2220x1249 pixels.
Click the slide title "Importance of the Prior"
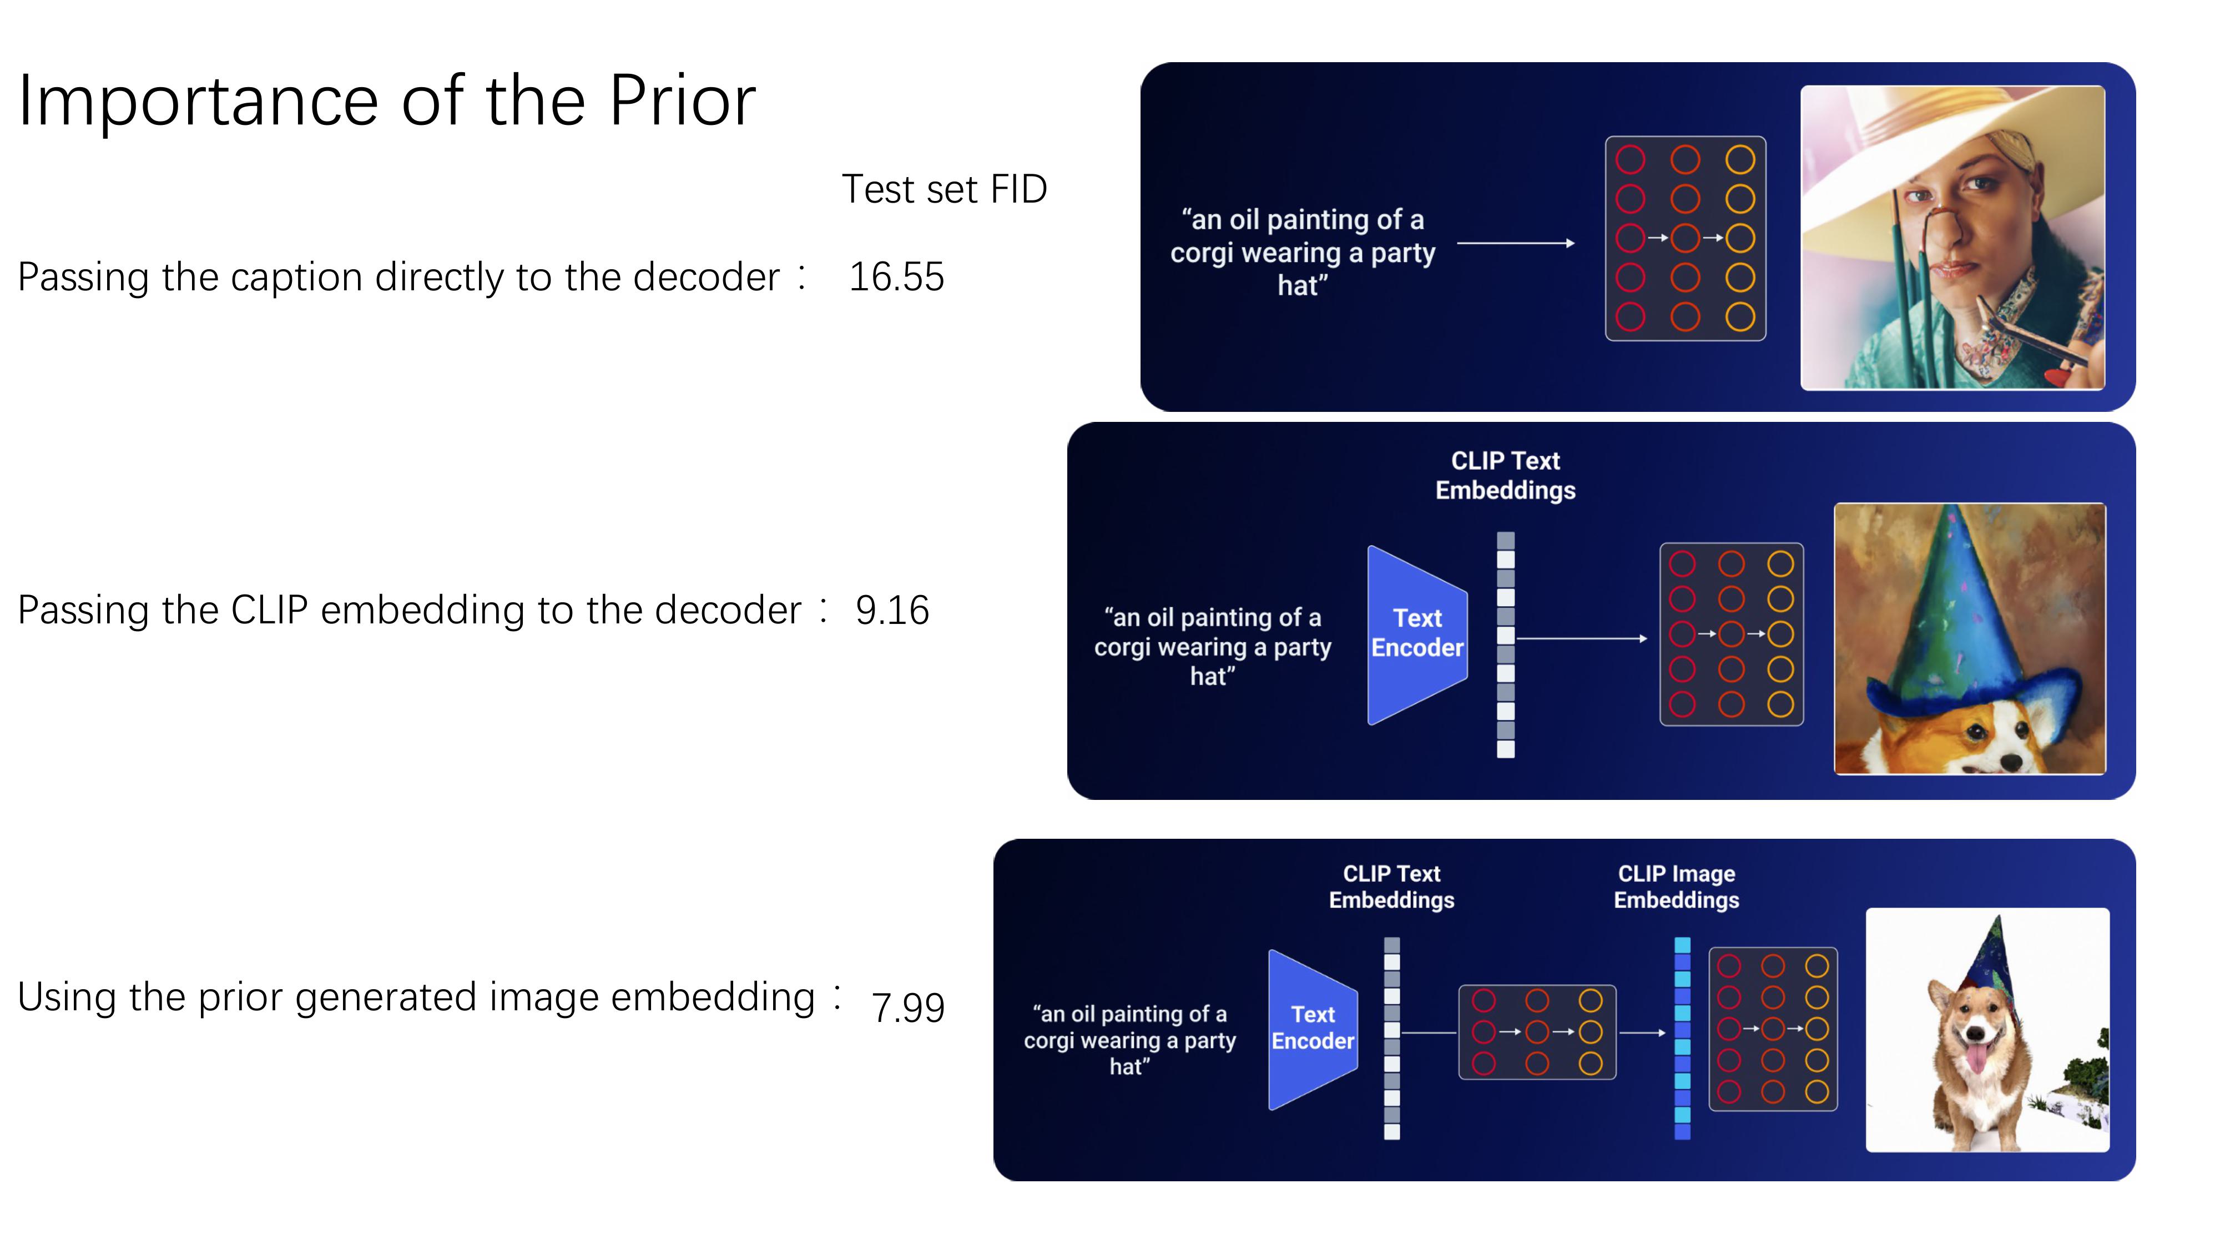(x=387, y=102)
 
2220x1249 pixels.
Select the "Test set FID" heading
(x=944, y=190)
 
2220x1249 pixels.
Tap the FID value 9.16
(x=892, y=610)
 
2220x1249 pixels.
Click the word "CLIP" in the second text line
(x=269, y=610)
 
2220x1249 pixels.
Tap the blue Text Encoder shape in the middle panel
(x=1417, y=634)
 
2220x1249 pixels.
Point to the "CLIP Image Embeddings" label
(x=1676, y=887)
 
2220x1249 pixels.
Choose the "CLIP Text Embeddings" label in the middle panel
(x=1505, y=475)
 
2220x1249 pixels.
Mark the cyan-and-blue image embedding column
(x=1682, y=1038)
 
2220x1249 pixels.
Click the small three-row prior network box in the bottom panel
(x=1537, y=1032)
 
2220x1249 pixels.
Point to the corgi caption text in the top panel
(x=1302, y=253)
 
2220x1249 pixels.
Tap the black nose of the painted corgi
(x=2011, y=761)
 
